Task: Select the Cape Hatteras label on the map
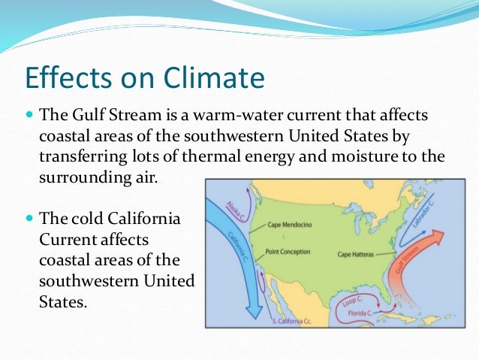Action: tap(357, 254)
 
